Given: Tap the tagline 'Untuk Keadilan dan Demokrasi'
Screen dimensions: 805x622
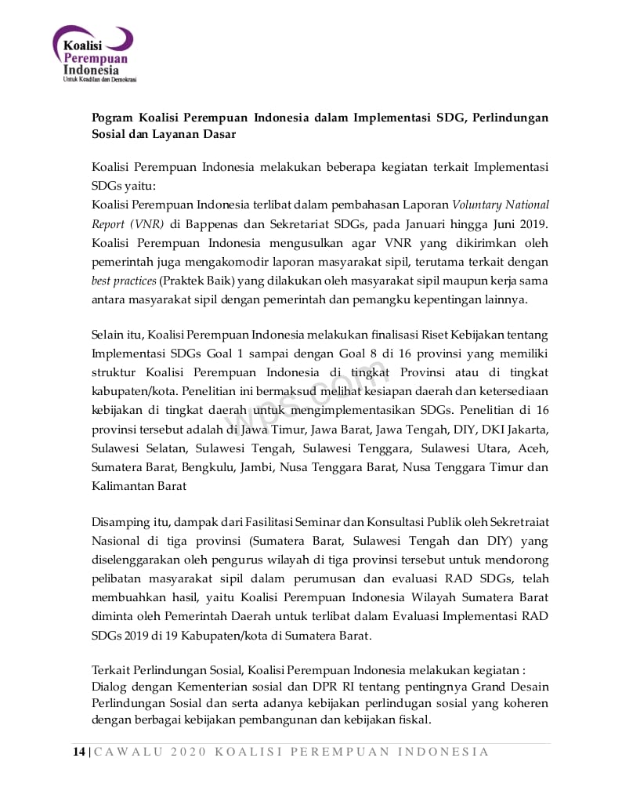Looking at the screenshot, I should click(99, 80).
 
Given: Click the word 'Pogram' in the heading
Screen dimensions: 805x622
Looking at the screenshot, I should click(112, 118).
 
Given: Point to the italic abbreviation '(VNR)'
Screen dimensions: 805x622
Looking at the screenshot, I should click(148, 223).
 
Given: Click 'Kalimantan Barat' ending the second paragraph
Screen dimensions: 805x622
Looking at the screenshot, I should click(139, 486).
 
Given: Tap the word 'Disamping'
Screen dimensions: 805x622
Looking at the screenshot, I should click(118, 522).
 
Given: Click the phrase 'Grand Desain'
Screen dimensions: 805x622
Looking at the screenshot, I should click(512, 687).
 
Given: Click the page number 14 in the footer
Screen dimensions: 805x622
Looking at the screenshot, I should click(79, 752).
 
